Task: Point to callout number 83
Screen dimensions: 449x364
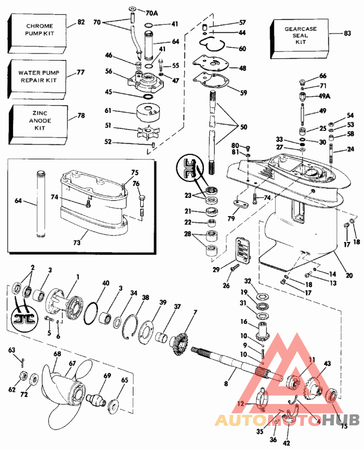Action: tap(347, 33)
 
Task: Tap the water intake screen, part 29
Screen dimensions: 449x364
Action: tap(243, 250)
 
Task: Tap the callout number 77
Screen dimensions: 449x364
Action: tap(81, 72)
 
